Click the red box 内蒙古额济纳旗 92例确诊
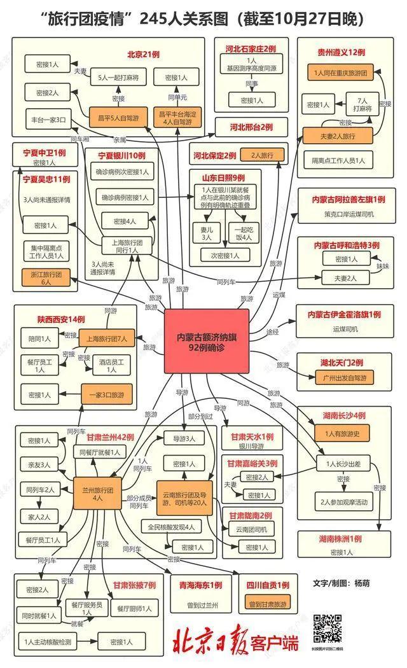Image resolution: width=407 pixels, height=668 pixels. click(x=206, y=340)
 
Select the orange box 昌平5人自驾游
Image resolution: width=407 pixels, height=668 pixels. click(x=118, y=118)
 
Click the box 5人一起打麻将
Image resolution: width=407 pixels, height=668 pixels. click(x=118, y=78)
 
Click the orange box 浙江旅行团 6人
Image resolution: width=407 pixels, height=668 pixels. click(x=46, y=277)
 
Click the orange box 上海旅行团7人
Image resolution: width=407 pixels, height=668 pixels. click(x=106, y=339)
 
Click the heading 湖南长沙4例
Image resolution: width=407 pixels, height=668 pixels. click(x=343, y=415)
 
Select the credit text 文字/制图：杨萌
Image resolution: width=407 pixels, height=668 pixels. click(x=341, y=583)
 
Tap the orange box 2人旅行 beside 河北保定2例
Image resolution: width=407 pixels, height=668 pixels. click(x=262, y=155)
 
